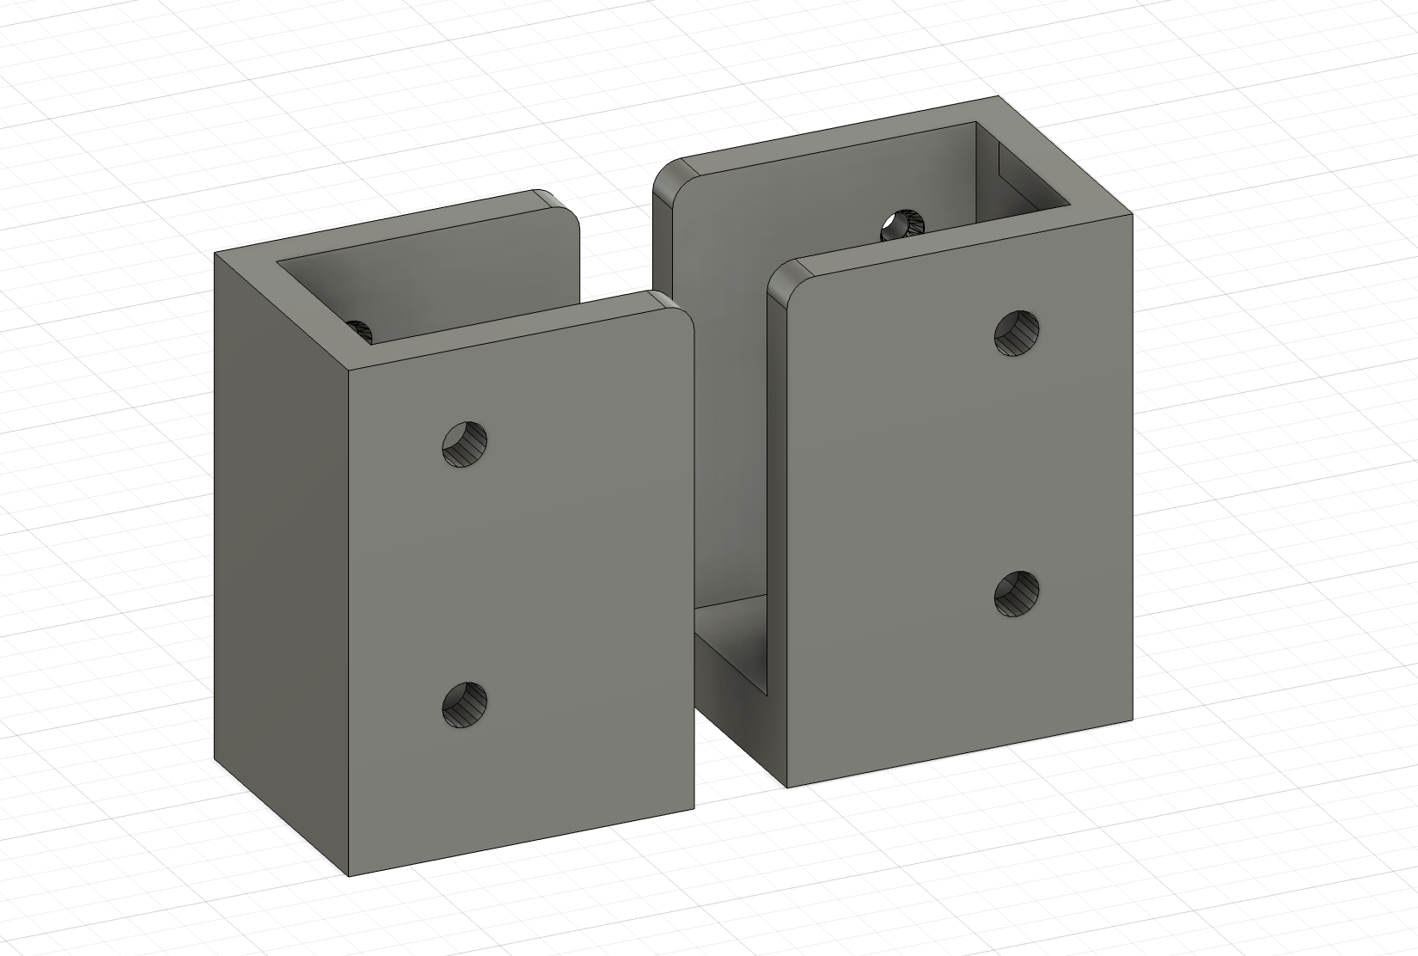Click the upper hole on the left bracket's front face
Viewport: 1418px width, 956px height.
tap(465, 444)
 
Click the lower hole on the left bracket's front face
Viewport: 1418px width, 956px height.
tap(465, 704)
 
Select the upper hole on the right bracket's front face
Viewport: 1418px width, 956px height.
tap(1017, 334)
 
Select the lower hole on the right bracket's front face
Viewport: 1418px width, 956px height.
tap(1017, 594)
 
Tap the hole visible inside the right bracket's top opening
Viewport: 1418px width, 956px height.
tap(901, 225)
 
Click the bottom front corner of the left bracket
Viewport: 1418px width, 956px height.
tap(350, 875)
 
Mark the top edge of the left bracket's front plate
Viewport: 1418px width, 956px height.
tap(516, 335)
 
